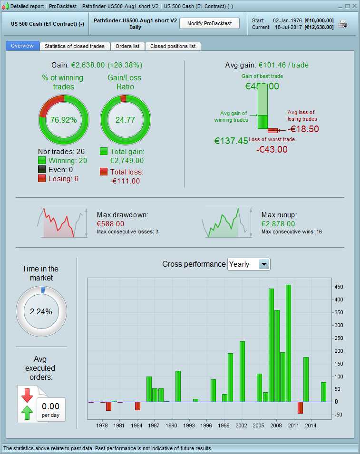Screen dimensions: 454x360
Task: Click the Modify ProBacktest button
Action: (x=209, y=23)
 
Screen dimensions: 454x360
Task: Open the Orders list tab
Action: (x=127, y=46)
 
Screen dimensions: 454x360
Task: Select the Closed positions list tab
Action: (x=173, y=46)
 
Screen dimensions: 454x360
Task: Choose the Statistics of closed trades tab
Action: (x=75, y=46)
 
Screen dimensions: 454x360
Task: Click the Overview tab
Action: (x=22, y=46)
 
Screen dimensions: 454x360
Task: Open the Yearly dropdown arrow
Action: (x=264, y=264)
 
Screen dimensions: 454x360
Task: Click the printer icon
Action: (x=342, y=24)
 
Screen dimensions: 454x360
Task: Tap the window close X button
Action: (x=354, y=6)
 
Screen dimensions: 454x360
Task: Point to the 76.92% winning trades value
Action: (x=64, y=120)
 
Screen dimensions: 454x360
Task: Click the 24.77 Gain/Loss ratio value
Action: (x=125, y=120)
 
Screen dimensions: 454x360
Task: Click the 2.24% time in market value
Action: (x=41, y=312)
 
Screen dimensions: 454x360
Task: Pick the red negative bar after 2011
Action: (x=300, y=407)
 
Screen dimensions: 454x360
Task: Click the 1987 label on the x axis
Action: (x=154, y=425)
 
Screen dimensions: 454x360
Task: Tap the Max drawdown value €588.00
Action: (x=110, y=223)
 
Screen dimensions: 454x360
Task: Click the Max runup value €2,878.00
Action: (x=278, y=223)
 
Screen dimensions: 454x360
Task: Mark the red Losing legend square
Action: (x=42, y=178)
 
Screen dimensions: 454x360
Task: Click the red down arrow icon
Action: (x=27, y=395)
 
